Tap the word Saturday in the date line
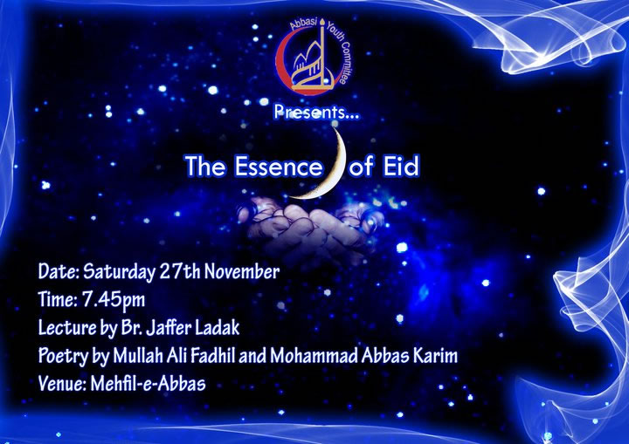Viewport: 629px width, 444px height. [120, 271]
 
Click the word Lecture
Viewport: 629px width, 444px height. [67, 329]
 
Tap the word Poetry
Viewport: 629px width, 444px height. [64, 356]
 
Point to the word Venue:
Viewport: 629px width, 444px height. [62, 383]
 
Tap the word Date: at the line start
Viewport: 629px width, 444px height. [58, 271]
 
